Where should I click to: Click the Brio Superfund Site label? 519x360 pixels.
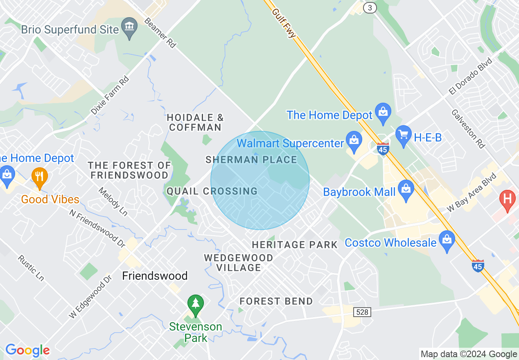tap(70, 30)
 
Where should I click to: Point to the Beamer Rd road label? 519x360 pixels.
tap(160, 33)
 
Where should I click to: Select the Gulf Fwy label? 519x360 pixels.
tap(284, 23)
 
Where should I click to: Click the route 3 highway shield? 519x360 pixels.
tap(370, 8)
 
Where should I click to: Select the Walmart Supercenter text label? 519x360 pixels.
tap(291, 144)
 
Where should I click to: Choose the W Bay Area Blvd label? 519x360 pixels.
tap(472, 192)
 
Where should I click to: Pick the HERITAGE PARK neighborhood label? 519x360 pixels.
tap(295, 245)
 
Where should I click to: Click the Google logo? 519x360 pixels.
tap(27, 350)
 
